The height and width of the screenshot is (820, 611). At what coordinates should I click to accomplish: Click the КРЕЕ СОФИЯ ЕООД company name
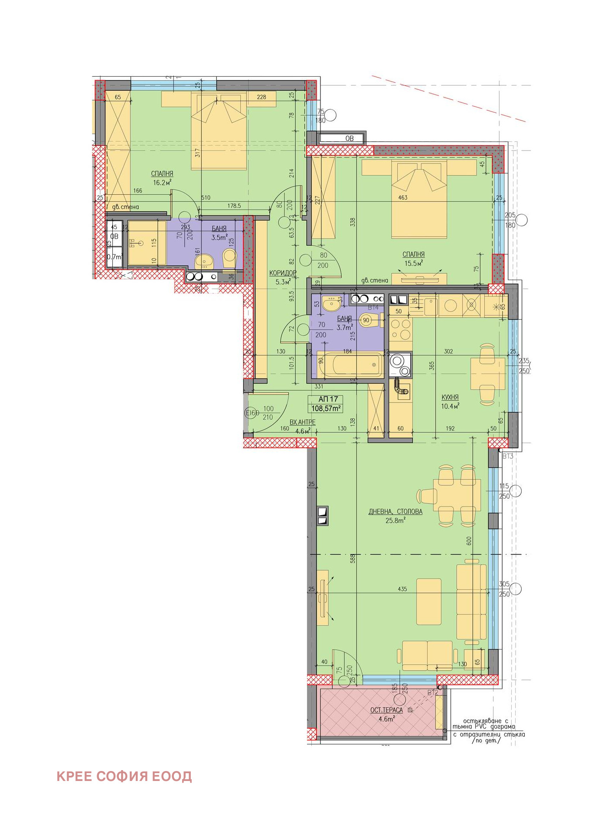point(124,776)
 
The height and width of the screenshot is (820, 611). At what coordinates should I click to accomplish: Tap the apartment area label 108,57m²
point(325,408)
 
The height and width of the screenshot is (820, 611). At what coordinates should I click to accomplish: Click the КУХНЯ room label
point(450,397)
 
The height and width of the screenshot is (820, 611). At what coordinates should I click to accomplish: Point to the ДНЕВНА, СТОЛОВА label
point(395,512)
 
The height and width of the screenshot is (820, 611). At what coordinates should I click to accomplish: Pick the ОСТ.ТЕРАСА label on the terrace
point(386,710)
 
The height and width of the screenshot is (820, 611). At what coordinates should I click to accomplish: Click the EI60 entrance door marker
point(252,413)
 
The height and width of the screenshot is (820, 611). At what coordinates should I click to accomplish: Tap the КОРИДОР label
point(283,273)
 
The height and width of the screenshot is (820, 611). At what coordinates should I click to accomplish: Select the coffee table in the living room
point(428,601)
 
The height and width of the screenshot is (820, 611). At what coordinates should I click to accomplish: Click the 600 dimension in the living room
point(469,541)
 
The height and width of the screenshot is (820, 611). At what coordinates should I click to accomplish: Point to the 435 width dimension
point(402,589)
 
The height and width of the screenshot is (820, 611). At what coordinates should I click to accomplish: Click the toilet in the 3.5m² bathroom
point(229,258)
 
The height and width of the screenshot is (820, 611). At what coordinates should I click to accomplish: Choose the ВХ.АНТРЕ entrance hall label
point(302,422)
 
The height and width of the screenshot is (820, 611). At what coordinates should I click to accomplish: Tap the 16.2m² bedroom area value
point(162,183)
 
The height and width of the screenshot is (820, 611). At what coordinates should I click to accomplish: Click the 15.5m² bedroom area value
point(413,263)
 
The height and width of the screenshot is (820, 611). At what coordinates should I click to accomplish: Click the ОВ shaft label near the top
point(349,139)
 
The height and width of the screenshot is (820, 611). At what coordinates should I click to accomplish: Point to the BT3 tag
point(507,456)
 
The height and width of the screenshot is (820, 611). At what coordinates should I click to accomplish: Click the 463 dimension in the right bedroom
point(402,198)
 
